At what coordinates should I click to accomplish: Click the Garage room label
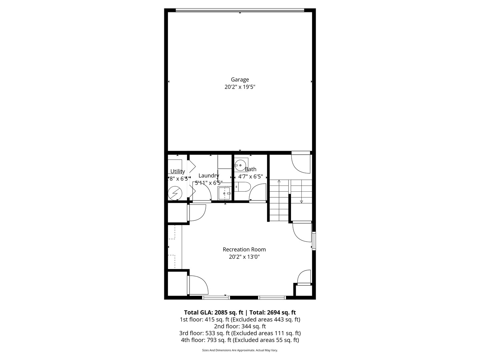[x=240, y=80]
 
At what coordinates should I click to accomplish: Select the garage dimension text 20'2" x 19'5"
[x=240, y=87]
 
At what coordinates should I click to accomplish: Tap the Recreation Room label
[x=244, y=249]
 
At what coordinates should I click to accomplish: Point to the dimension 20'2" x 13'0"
[x=244, y=257]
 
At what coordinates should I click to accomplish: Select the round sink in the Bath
[x=240, y=165]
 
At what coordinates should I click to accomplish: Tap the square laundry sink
[x=224, y=193]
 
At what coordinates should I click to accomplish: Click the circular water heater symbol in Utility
[x=175, y=193]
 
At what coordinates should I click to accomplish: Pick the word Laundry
[x=209, y=176]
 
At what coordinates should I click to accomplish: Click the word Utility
[x=178, y=171]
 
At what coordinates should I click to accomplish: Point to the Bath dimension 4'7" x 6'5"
[x=250, y=177]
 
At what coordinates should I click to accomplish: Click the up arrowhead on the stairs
[x=279, y=181]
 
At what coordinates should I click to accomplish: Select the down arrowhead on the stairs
[x=301, y=201]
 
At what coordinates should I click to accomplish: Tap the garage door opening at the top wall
[x=240, y=10]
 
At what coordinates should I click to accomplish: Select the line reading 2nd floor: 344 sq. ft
[x=240, y=326]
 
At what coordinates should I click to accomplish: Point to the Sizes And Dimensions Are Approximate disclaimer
[x=240, y=350]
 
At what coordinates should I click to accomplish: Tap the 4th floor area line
[x=240, y=340]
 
